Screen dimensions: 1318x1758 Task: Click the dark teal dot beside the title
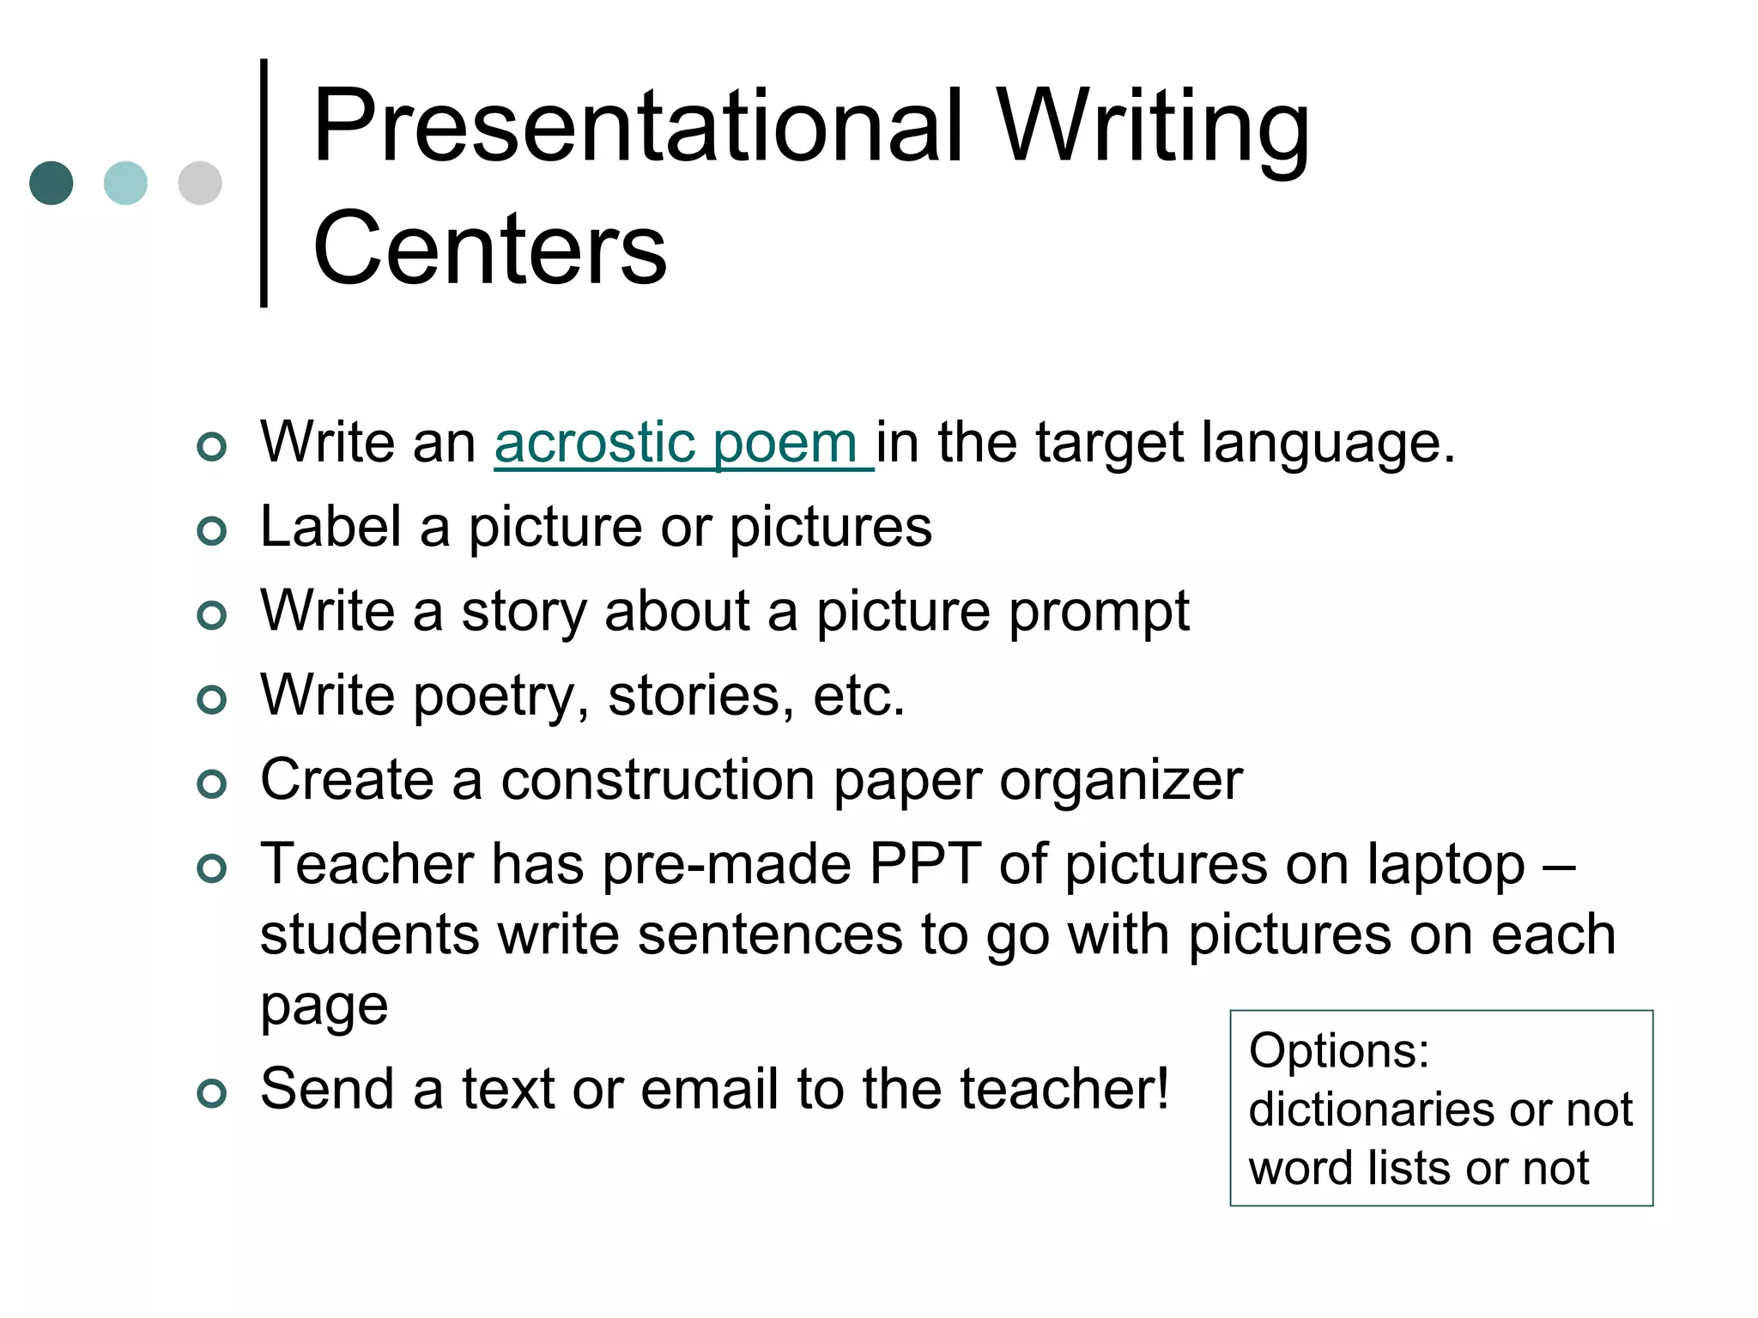coord(52,183)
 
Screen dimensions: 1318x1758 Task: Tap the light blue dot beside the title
coord(125,183)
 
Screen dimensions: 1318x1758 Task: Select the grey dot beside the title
coord(200,183)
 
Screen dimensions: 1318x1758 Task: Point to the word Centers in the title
coord(489,249)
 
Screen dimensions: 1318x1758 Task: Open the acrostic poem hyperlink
coord(683,444)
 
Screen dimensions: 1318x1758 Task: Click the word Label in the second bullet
coord(330,526)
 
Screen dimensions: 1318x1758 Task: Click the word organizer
coord(1120,781)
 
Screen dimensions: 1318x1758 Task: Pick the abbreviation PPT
coord(924,863)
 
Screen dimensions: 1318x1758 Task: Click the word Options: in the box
coord(1339,1051)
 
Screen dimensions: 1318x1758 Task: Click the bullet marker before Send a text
coord(211,1092)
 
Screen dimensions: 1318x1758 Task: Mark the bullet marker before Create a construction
coord(211,783)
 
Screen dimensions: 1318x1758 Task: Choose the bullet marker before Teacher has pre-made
coord(211,868)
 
